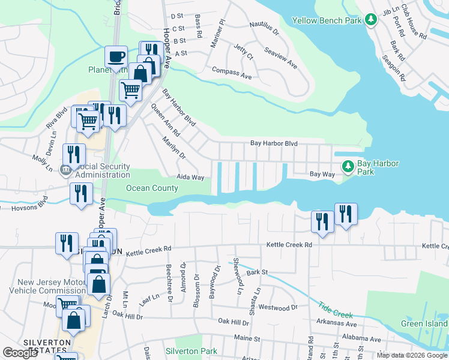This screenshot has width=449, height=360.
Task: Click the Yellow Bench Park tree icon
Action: (x=372, y=20)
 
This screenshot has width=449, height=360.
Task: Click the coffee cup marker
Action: (x=116, y=57)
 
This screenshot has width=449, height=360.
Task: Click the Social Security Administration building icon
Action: (x=66, y=170)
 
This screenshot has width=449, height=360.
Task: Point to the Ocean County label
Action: (x=152, y=188)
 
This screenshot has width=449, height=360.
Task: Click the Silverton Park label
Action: (x=191, y=350)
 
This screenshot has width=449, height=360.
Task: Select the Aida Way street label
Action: (x=190, y=178)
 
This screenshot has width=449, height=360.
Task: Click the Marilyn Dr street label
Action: (x=174, y=148)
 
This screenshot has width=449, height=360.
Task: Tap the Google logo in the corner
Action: (x=20, y=353)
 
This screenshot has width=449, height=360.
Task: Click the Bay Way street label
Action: (x=322, y=174)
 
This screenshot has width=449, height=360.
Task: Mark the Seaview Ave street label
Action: (x=281, y=56)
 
